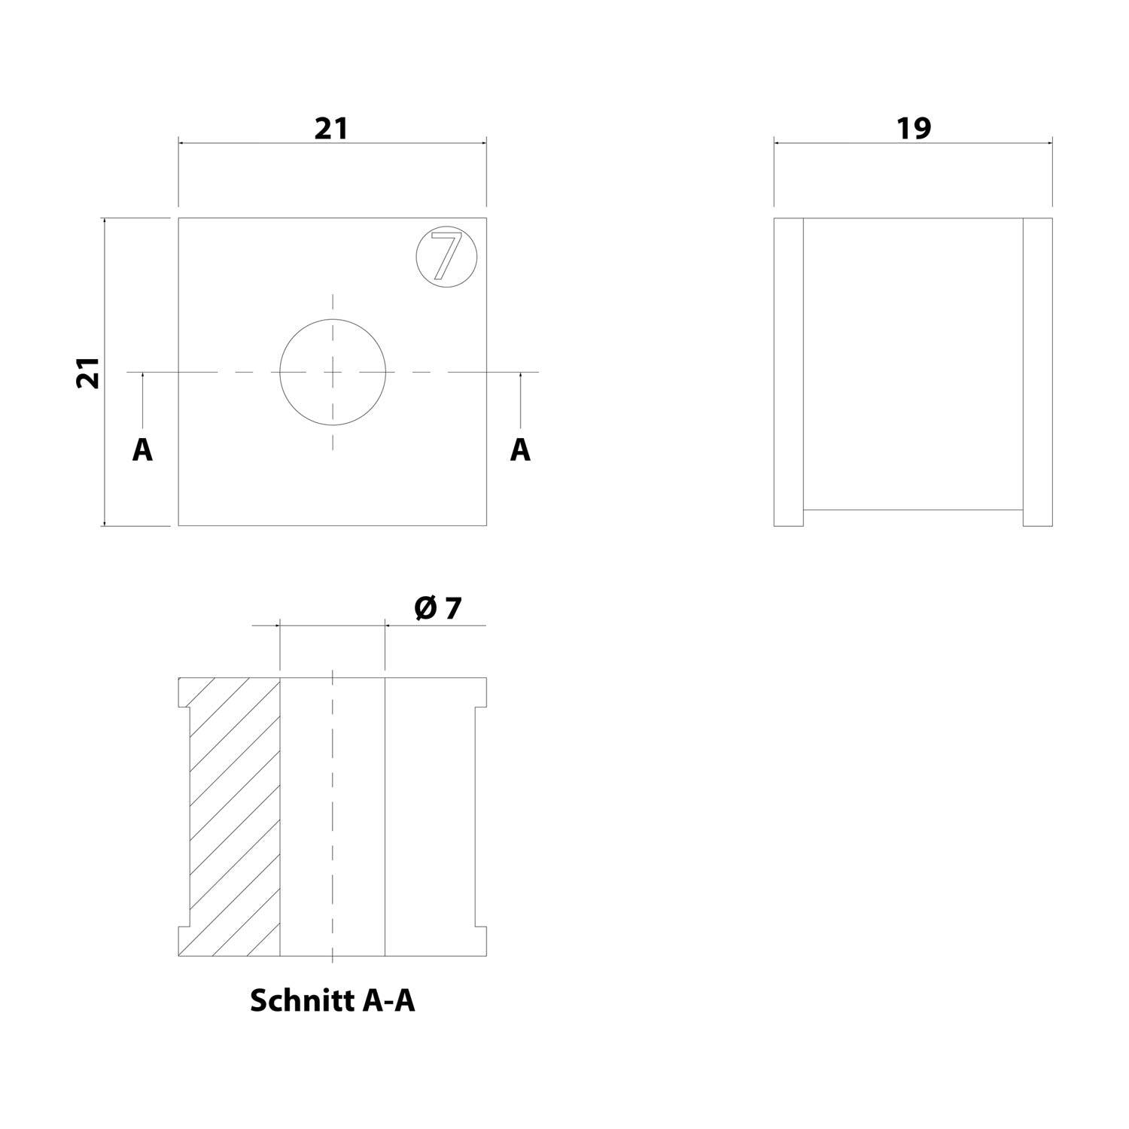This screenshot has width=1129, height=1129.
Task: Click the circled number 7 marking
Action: click(x=446, y=255)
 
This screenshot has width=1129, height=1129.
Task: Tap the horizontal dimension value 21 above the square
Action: click(x=332, y=129)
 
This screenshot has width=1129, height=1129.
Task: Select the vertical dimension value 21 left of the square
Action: click(x=88, y=372)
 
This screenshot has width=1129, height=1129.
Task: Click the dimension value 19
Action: click(x=914, y=129)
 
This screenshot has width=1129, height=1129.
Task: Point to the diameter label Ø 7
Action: click(x=437, y=608)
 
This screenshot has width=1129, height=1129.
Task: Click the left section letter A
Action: click(x=142, y=450)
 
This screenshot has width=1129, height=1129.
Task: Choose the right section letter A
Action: click(x=520, y=450)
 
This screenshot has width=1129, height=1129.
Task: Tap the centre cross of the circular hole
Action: click(x=333, y=372)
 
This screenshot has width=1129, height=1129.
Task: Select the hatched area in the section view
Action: click(x=230, y=817)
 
